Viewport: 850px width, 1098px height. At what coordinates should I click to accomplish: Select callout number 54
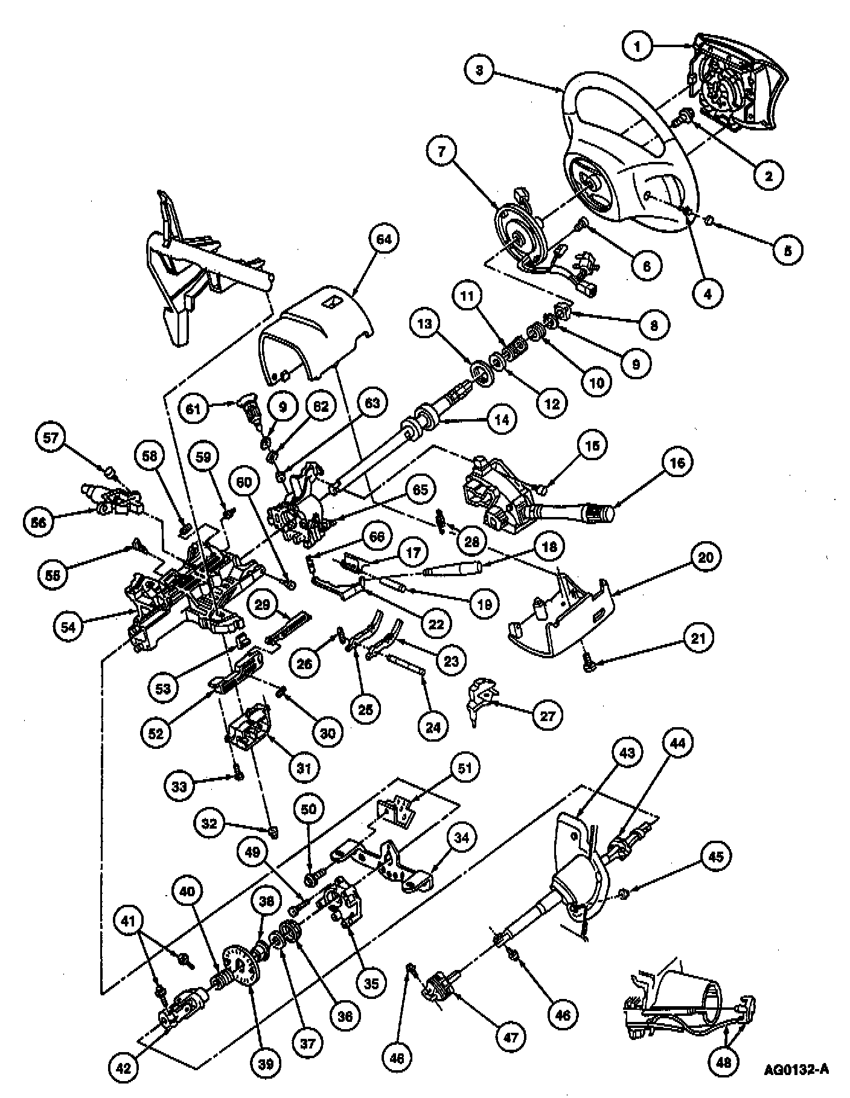pos(68,626)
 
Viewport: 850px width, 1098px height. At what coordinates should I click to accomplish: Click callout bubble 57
pos(51,437)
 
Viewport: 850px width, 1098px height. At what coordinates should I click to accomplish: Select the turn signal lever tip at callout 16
pos(601,513)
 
